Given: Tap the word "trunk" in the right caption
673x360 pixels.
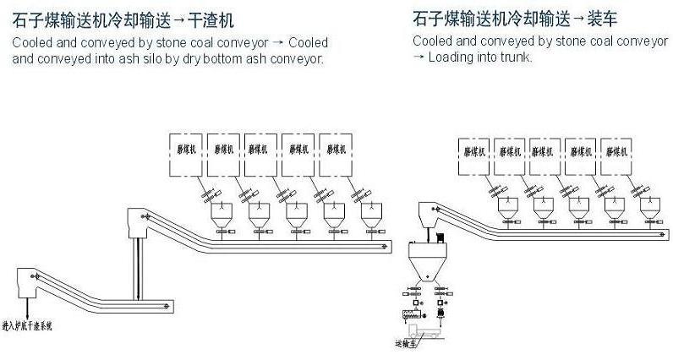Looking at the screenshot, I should click(x=514, y=57).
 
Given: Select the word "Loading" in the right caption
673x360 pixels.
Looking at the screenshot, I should click(x=449, y=57).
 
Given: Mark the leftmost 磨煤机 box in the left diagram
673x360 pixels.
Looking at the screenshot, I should click(x=186, y=155).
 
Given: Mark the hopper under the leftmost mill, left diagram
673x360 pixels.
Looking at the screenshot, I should click(x=224, y=219).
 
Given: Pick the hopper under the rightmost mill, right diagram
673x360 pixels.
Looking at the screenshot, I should click(x=652, y=207).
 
